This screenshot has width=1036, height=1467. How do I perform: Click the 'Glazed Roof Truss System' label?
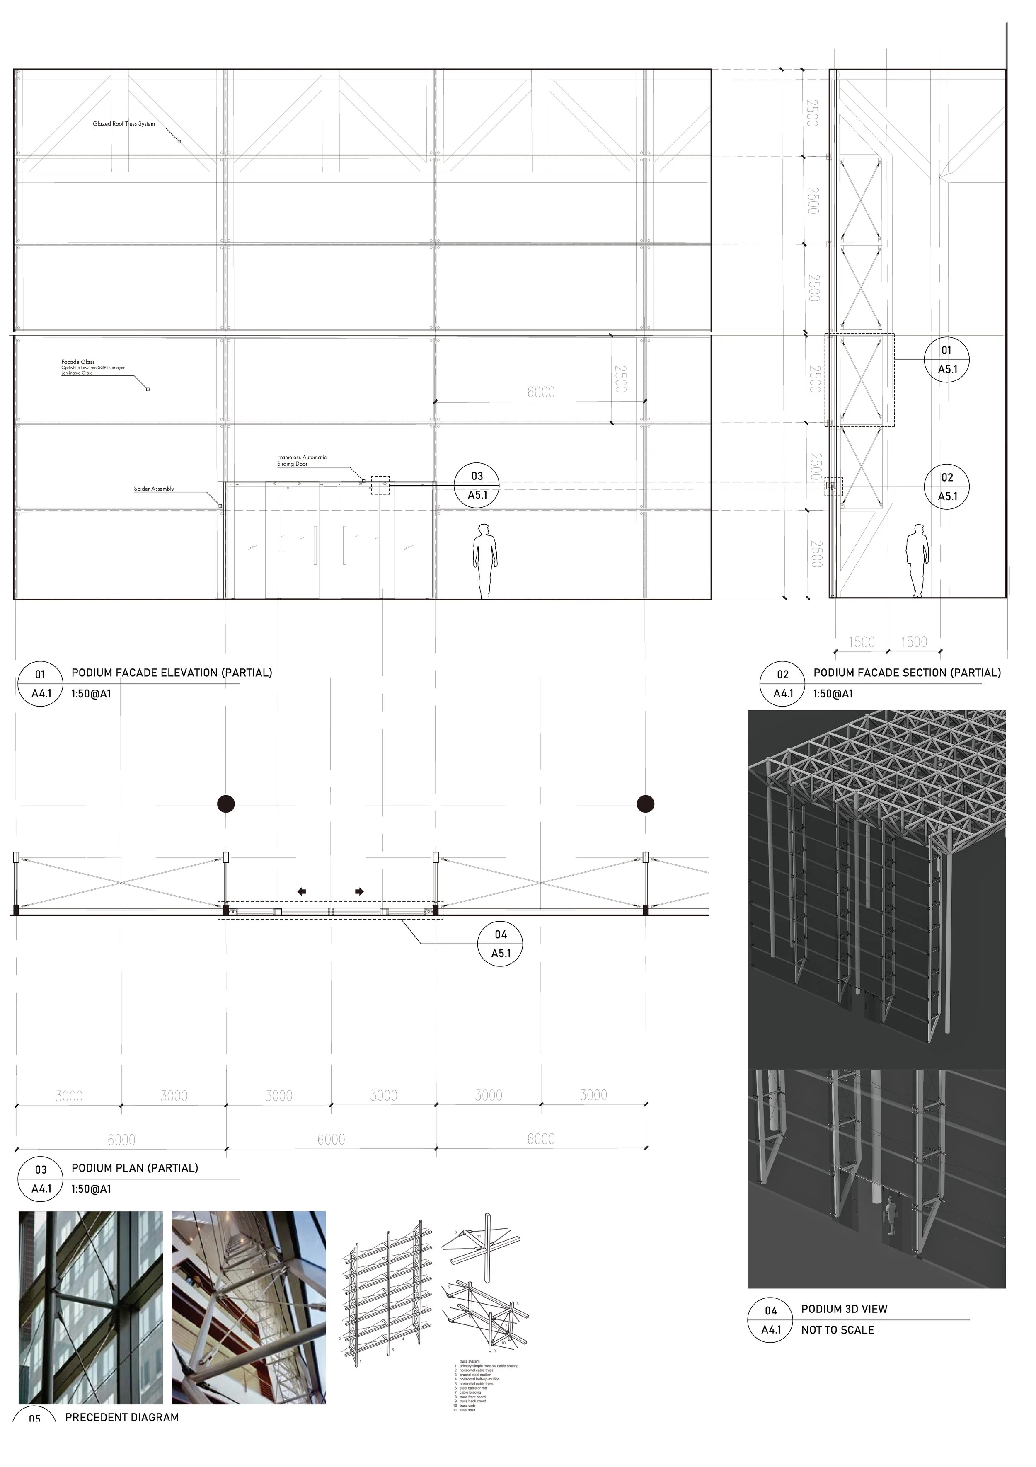tap(123, 124)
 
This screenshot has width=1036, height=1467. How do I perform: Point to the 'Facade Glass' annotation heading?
tap(78, 362)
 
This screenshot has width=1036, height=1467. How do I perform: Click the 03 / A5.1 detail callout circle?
tap(477, 486)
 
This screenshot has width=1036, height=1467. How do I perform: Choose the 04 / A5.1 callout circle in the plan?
tap(501, 944)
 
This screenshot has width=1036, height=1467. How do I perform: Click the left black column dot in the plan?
tap(225, 804)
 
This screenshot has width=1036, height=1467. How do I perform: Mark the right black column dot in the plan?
tap(646, 804)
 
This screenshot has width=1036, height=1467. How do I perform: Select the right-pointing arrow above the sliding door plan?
tap(360, 891)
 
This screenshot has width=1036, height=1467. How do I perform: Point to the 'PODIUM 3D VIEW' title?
tap(844, 1309)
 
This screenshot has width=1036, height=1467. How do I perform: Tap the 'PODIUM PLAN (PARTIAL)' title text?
tap(135, 1167)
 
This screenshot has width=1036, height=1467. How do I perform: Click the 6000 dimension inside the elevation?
tap(541, 392)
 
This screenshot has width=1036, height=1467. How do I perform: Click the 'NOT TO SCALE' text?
tap(837, 1330)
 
